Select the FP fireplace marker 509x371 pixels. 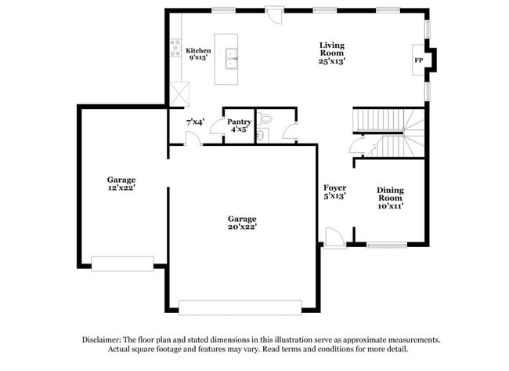click(x=418, y=60)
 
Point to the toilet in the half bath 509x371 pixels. click(x=264, y=120)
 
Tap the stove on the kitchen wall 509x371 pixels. click(x=175, y=49)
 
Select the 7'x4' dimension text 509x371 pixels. click(x=195, y=122)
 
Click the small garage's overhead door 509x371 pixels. click(x=122, y=263)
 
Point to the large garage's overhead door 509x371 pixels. click(x=240, y=307)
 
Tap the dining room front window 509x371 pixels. click(x=387, y=245)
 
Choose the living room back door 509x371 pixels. click(x=274, y=13)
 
